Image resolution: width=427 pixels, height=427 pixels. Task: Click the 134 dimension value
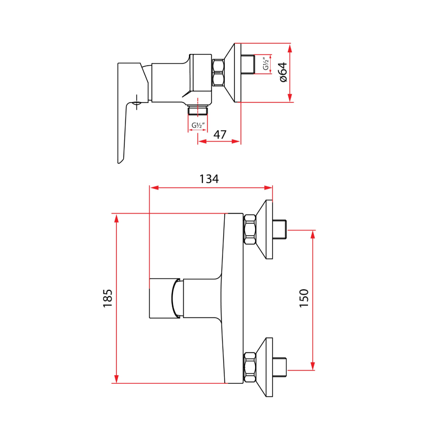pos(209,179)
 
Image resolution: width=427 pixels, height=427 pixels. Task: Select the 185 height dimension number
pos(108,297)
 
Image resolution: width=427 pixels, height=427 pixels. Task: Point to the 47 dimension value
pos(220,135)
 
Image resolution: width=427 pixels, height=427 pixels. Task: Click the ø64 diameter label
pos(283,72)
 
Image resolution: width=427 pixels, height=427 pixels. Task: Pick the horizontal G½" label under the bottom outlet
pos(198,126)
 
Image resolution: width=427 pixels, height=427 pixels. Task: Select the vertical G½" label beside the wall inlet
pos(266,65)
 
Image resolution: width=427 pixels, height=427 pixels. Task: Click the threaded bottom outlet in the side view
pos(198,110)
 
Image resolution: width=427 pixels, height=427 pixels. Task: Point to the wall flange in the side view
pos(233,72)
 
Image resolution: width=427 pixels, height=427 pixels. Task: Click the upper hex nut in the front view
pos(250,230)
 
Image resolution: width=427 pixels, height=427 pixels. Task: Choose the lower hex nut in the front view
pos(250,367)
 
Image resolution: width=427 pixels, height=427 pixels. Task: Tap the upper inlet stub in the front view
pos(280,230)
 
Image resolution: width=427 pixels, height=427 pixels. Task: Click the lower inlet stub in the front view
pos(280,367)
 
